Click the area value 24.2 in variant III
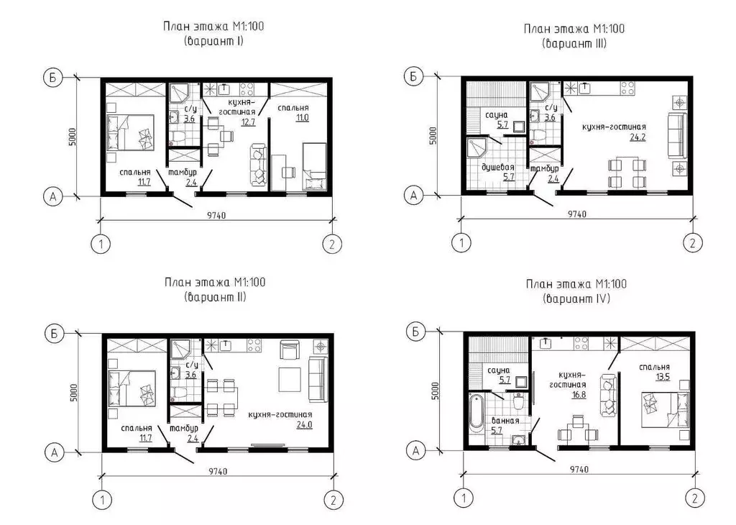tap(638, 137)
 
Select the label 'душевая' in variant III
tap(498, 167)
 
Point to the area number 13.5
tap(662, 377)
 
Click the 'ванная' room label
tap(505, 420)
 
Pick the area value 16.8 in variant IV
tap(579, 394)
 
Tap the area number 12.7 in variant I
tap(248, 122)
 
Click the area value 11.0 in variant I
tap(303, 117)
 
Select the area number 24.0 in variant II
tap(305, 425)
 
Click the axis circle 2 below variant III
tap(692, 243)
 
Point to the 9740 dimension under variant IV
tap(579, 469)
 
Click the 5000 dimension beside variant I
tap(73, 137)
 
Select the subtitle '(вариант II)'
tap(216, 297)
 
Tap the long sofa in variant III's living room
tap(676, 135)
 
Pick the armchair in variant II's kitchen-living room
tap(290, 350)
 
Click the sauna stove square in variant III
tap(518, 127)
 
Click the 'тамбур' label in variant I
tap(183, 173)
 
